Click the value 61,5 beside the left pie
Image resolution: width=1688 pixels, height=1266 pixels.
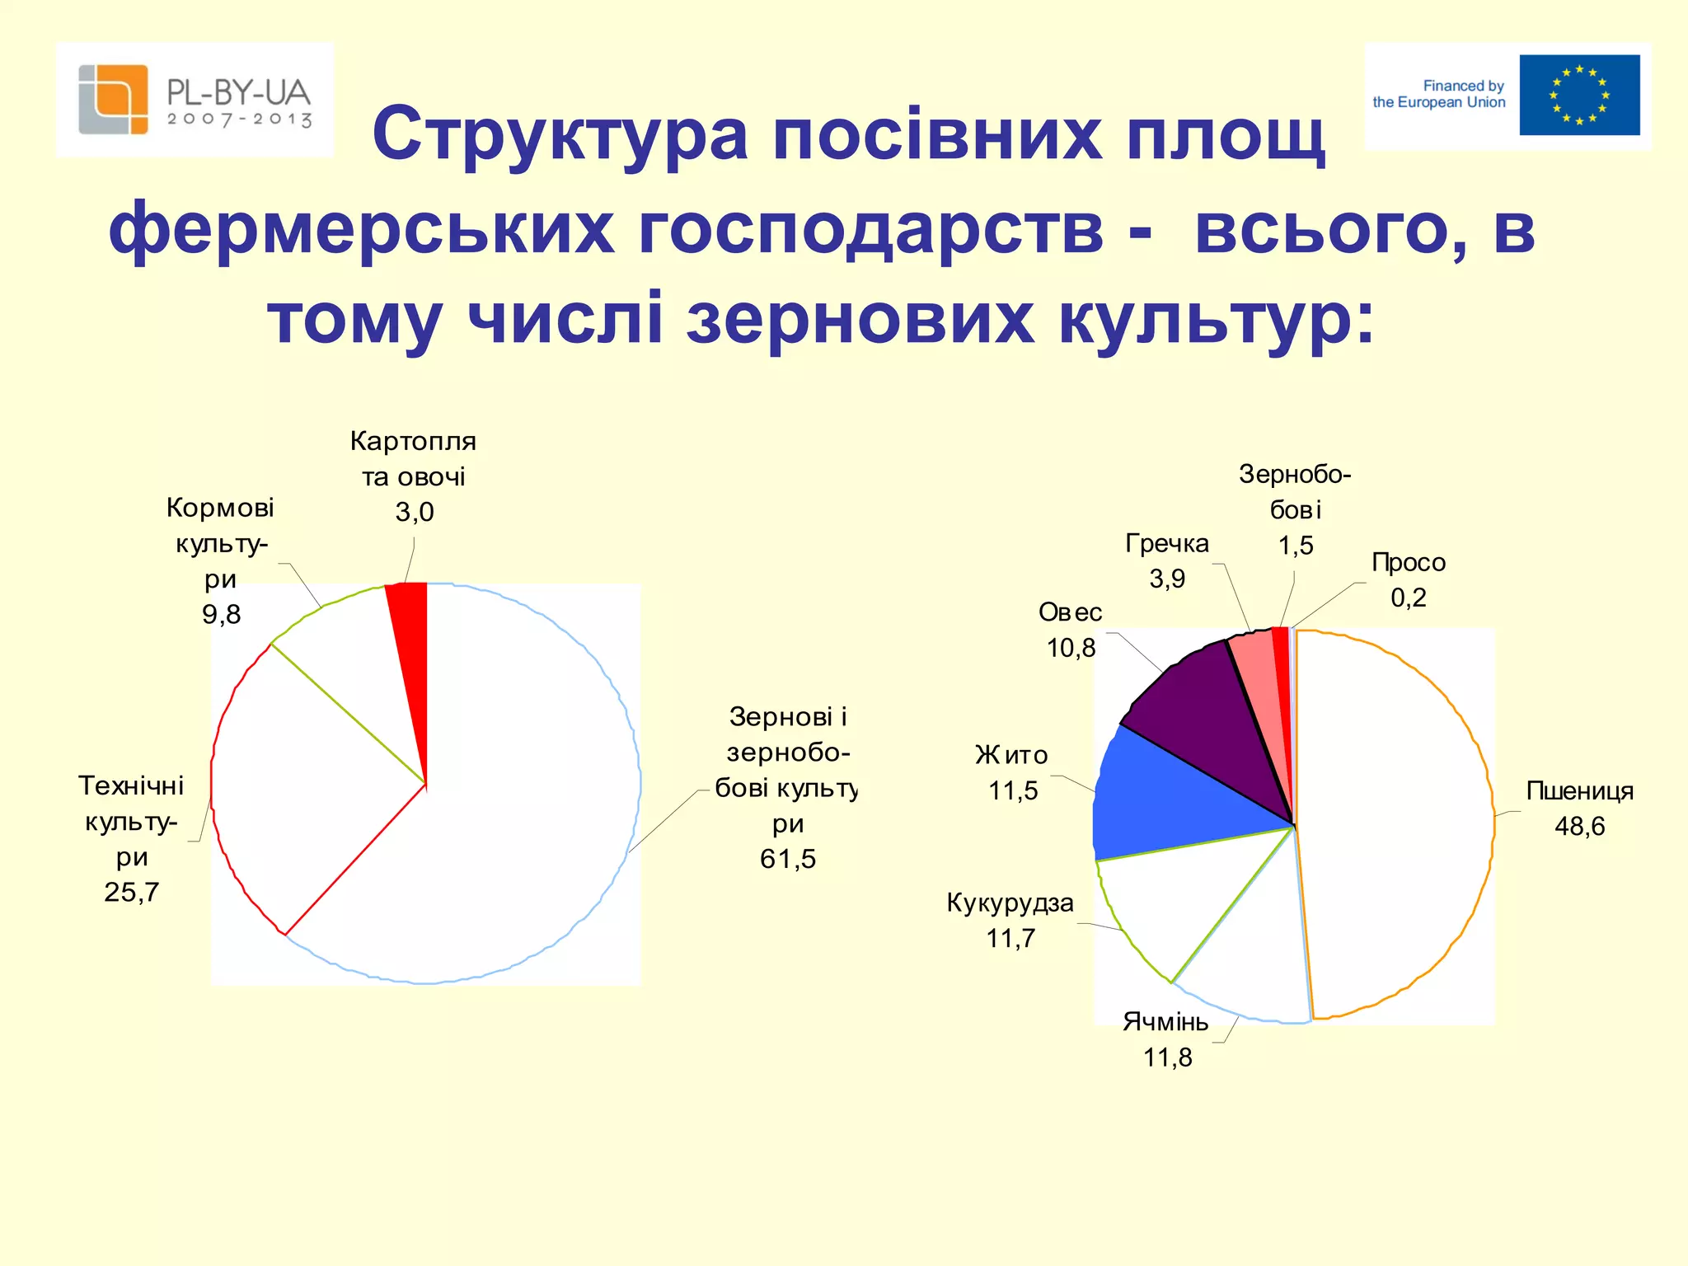[787, 859]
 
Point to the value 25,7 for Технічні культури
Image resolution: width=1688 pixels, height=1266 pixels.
[132, 892]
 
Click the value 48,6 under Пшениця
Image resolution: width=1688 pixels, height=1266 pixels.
[1579, 826]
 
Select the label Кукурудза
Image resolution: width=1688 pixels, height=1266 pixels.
[1010, 903]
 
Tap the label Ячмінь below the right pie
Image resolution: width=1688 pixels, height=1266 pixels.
[1165, 1022]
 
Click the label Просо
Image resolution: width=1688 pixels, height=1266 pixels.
[1408, 562]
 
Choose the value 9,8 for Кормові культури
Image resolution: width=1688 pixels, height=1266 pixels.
[221, 614]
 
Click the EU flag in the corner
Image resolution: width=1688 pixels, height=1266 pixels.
[1579, 95]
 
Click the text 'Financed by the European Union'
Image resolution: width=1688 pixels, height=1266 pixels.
[1439, 94]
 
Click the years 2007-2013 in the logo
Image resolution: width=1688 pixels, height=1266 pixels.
[240, 120]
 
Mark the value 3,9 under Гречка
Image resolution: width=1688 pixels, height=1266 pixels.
[1167, 579]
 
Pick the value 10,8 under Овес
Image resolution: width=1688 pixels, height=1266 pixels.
[1071, 648]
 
